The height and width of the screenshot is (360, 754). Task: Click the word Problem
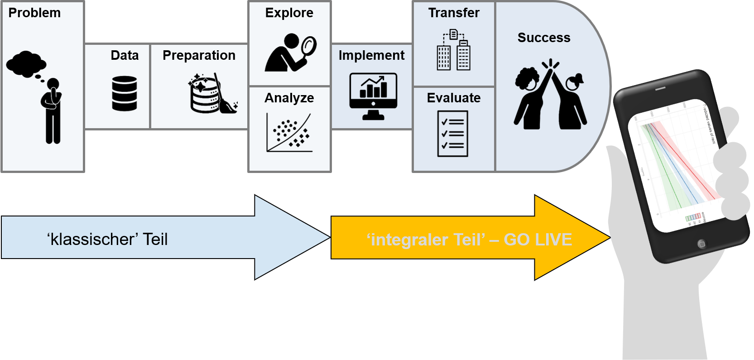[34, 13]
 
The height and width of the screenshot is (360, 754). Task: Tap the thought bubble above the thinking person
[25, 64]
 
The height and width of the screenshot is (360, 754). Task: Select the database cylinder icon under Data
[125, 93]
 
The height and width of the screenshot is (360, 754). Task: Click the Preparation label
[199, 55]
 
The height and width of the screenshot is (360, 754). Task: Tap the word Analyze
[289, 98]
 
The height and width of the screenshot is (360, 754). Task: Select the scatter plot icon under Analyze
[289, 133]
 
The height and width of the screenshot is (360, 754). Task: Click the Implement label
[371, 55]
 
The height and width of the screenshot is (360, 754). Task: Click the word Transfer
[454, 13]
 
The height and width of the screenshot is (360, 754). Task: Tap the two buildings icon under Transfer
[453, 51]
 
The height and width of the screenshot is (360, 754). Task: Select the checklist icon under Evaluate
[453, 134]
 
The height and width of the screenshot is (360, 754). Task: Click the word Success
[544, 38]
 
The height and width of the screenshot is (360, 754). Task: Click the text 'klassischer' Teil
[107, 239]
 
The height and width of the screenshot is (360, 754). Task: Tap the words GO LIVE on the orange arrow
[538, 239]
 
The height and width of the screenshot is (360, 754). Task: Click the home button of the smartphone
[701, 244]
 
